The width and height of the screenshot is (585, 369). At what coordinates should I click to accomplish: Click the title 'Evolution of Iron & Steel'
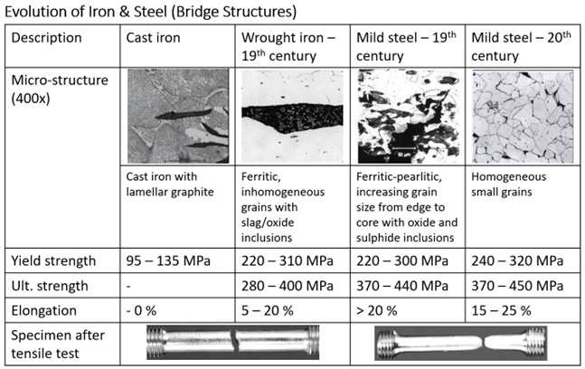pos(85,12)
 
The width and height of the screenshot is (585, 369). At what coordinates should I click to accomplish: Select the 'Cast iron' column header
pos(153,38)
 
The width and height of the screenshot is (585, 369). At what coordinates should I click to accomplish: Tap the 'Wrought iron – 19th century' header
pos(288,47)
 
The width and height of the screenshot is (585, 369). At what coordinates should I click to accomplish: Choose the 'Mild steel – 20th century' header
pos(521,47)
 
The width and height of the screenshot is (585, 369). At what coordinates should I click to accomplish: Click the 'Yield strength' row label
pos(53,260)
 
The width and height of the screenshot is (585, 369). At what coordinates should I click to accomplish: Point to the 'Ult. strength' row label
pos(50,286)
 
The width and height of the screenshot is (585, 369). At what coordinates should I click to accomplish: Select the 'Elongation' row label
pos(43,310)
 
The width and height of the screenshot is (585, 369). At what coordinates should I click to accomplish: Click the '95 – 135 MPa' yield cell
pos(168,260)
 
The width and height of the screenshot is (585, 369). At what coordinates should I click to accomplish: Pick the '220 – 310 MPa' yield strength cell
pos(288,260)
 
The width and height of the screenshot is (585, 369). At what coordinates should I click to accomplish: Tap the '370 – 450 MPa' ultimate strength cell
pos(517,286)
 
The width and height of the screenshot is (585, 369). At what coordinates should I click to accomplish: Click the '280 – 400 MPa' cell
pos(288,286)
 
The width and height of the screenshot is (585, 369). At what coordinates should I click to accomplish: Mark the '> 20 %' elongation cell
pos(377,310)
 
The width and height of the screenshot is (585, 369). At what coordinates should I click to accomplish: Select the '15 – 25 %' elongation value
pos(501,310)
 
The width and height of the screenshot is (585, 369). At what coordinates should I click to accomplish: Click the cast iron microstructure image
pos(178,116)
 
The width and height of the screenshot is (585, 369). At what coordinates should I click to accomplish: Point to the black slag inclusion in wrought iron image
pos(292,118)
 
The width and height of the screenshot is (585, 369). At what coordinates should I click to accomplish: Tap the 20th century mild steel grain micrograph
pos(523,117)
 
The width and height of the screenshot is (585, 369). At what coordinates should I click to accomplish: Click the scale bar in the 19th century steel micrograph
pos(404,148)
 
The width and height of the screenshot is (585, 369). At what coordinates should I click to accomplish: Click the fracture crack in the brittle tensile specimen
pos(234,341)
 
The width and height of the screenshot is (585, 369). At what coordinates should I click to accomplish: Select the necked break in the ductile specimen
pos(485,341)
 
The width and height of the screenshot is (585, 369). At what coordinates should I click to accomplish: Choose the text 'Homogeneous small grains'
pos(508,184)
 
